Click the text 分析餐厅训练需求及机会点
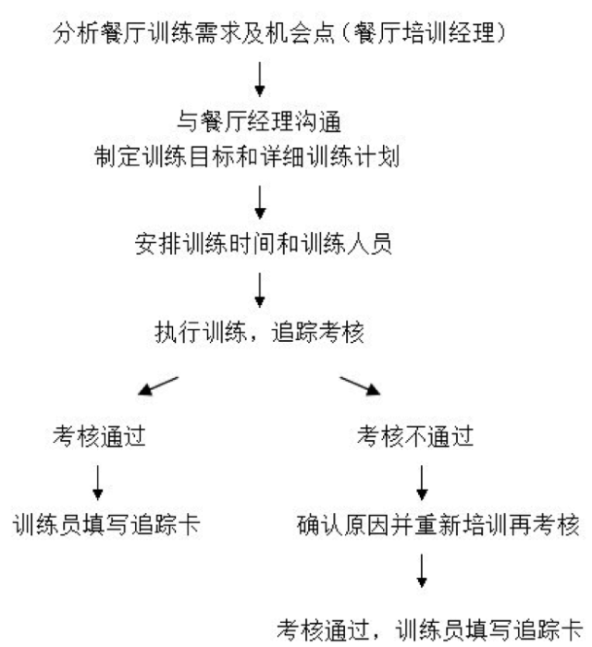(x=193, y=33)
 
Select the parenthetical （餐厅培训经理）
(x=424, y=33)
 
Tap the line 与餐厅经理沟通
(x=259, y=122)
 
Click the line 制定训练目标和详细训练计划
(x=247, y=157)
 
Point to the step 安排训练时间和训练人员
(x=263, y=244)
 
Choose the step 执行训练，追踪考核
(x=259, y=332)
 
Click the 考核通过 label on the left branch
(x=99, y=436)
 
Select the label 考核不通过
(x=415, y=436)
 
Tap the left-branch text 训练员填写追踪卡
(x=106, y=525)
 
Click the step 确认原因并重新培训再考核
(x=438, y=525)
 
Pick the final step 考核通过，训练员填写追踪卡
(x=429, y=630)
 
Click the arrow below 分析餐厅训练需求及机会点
(x=260, y=79)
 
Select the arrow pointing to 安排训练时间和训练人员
(x=260, y=202)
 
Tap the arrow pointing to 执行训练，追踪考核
(x=260, y=290)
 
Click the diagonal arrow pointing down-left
(x=158, y=385)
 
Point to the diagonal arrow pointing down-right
(x=360, y=385)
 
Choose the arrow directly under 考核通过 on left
(x=98, y=482)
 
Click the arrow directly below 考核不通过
(x=422, y=482)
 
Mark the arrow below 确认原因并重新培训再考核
(x=422, y=571)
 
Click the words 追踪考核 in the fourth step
(x=318, y=332)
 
